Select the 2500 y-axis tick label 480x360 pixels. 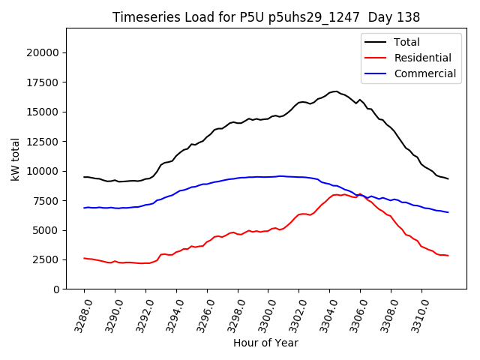47,259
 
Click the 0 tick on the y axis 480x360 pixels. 57,289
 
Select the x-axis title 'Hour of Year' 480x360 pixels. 265,343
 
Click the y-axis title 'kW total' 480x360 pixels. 15,158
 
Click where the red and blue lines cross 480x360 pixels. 361,195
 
